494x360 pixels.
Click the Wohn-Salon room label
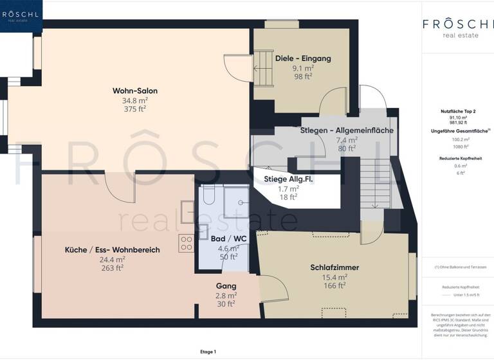pyautogui.click(x=135, y=91)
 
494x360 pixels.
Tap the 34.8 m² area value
pyautogui.click(x=135, y=100)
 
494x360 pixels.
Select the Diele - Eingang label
pyautogui.click(x=303, y=59)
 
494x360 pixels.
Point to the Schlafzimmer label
pyautogui.click(x=334, y=267)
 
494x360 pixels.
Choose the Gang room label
pyautogui.click(x=226, y=285)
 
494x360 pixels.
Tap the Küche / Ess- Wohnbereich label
pyautogui.click(x=112, y=249)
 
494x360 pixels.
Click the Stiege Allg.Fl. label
pyautogui.click(x=288, y=179)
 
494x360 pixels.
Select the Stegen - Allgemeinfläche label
pyautogui.click(x=347, y=130)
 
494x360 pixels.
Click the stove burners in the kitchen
pyautogui.click(x=187, y=242)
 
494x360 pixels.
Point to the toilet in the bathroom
pyautogui.click(x=206, y=196)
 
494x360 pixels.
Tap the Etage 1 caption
pyautogui.click(x=208, y=352)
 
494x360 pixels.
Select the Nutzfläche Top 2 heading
pyautogui.click(x=457, y=111)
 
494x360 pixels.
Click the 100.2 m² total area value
pyautogui.click(x=457, y=139)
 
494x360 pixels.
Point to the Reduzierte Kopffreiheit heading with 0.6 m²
pyautogui.click(x=457, y=157)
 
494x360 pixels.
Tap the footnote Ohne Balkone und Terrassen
pyautogui.click(x=457, y=267)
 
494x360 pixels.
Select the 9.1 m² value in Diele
pyautogui.click(x=303, y=67)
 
